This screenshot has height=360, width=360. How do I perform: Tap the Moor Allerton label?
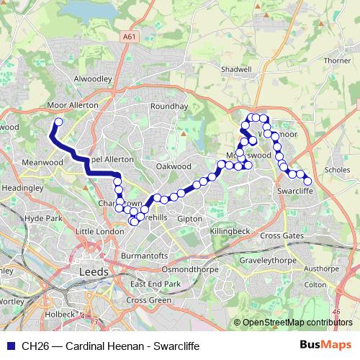(72, 105)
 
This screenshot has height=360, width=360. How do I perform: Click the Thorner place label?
(337, 61)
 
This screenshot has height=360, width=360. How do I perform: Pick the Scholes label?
(337, 171)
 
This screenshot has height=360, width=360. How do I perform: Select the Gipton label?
(189, 217)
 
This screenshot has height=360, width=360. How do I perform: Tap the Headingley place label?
(22, 187)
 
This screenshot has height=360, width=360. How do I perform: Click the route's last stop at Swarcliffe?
(307, 181)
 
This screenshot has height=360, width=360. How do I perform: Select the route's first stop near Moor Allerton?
(58, 122)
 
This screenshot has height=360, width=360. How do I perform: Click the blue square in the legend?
(11, 346)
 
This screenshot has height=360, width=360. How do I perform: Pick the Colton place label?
(315, 284)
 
